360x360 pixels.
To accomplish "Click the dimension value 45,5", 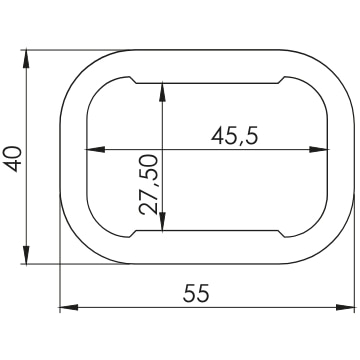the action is (x=235, y=136).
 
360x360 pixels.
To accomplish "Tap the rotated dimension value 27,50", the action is (x=149, y=184).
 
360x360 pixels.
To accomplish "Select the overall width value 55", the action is (x=196, y=293).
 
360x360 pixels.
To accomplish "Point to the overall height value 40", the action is (x=15, y=159).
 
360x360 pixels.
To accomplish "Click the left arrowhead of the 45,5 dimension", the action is (x=95, y=149).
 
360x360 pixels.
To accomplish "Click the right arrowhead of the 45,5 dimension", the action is (x=318, y=149).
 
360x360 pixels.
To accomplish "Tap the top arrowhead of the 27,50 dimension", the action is (x=162, y=92).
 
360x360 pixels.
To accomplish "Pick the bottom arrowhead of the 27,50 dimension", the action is (x=162, y=222).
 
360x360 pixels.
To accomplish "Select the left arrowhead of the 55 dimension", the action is (x=69, y=307).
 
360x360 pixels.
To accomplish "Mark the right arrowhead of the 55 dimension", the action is (x=345, y=307).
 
